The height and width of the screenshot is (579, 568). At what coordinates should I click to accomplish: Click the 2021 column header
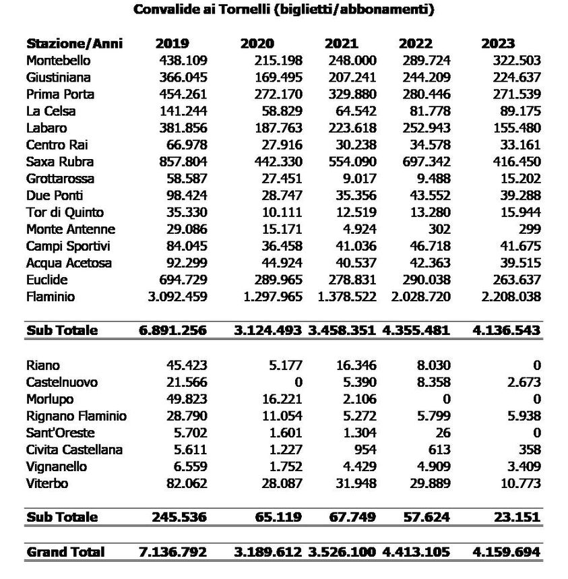pyautogui.click(x=341, y=44)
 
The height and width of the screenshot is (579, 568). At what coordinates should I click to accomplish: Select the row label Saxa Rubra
pyautogui.click(x=60, y=162)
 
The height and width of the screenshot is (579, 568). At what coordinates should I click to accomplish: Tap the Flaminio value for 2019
pyautogui.click(x=177, y=297)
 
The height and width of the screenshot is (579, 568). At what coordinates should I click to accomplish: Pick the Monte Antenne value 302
pyautogui.click(x=439, y=229)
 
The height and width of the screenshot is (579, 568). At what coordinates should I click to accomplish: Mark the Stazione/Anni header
pyautogui.click(x=75, y=44)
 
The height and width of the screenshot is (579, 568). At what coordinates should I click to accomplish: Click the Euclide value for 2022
pyautogui.click(x=426, y=280)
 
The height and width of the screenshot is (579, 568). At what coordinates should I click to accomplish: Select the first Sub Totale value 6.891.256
pyautogui.click(x=172, y=330)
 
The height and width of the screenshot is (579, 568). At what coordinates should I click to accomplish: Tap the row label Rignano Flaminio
pyautogui.click(x=76, y=416)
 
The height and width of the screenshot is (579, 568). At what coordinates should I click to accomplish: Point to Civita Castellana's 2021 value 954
pyautogui.click(x=364, y=450)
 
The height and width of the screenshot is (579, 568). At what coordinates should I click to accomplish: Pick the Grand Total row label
pyautogui.click(x=65, y=552)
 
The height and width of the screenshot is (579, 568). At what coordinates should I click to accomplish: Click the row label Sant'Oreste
pyautogui.click(x=61, y=433)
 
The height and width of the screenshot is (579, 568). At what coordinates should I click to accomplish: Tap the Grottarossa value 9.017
pyautogui.click(x=357, y=179)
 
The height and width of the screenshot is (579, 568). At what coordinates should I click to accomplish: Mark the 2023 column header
pyautogui.click(x=498, y=44)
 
